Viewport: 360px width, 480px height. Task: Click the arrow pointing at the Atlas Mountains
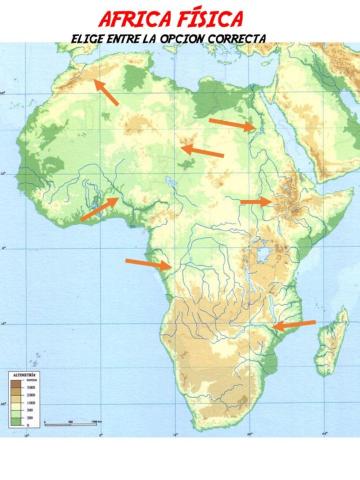tap(104, 91)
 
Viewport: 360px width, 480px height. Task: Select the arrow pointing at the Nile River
tap(231, 124)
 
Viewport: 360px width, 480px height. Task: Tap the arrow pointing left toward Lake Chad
tap(201, 151)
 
